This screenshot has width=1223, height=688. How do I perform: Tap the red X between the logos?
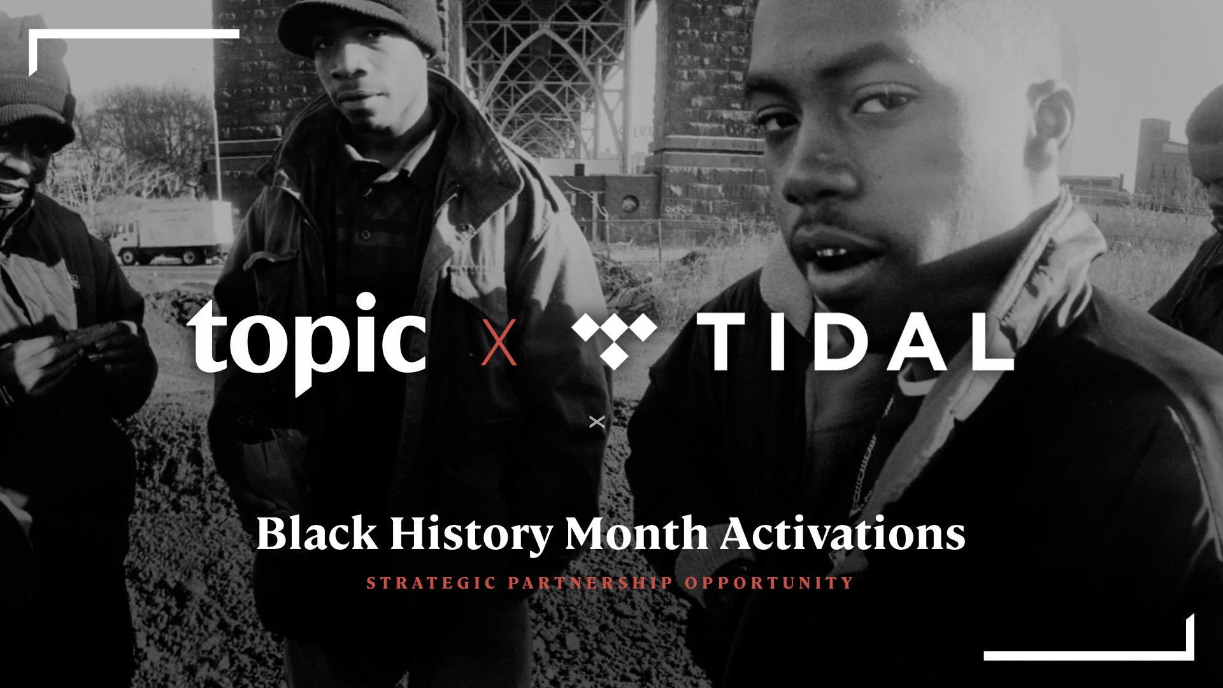click(499, 342)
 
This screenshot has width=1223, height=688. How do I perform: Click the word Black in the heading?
click(317, 534)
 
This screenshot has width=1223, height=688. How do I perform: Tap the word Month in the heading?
click(636, 534)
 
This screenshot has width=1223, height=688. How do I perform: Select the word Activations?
click(843, 534)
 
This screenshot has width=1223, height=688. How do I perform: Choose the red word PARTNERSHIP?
click(590, 583)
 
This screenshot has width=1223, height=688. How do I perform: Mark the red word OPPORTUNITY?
click(769, 583)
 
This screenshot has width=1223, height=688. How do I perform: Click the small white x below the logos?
click(597, 422)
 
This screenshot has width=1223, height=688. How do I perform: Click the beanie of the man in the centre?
click(360, 25)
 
